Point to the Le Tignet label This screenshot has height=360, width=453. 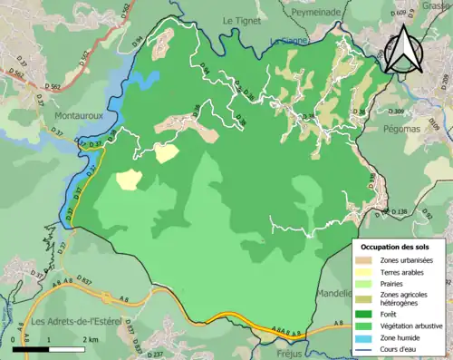pos(241,19)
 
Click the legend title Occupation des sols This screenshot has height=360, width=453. pos(396,247)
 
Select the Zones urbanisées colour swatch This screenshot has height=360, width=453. pos(367,261)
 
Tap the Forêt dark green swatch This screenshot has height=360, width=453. pos(367,314)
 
